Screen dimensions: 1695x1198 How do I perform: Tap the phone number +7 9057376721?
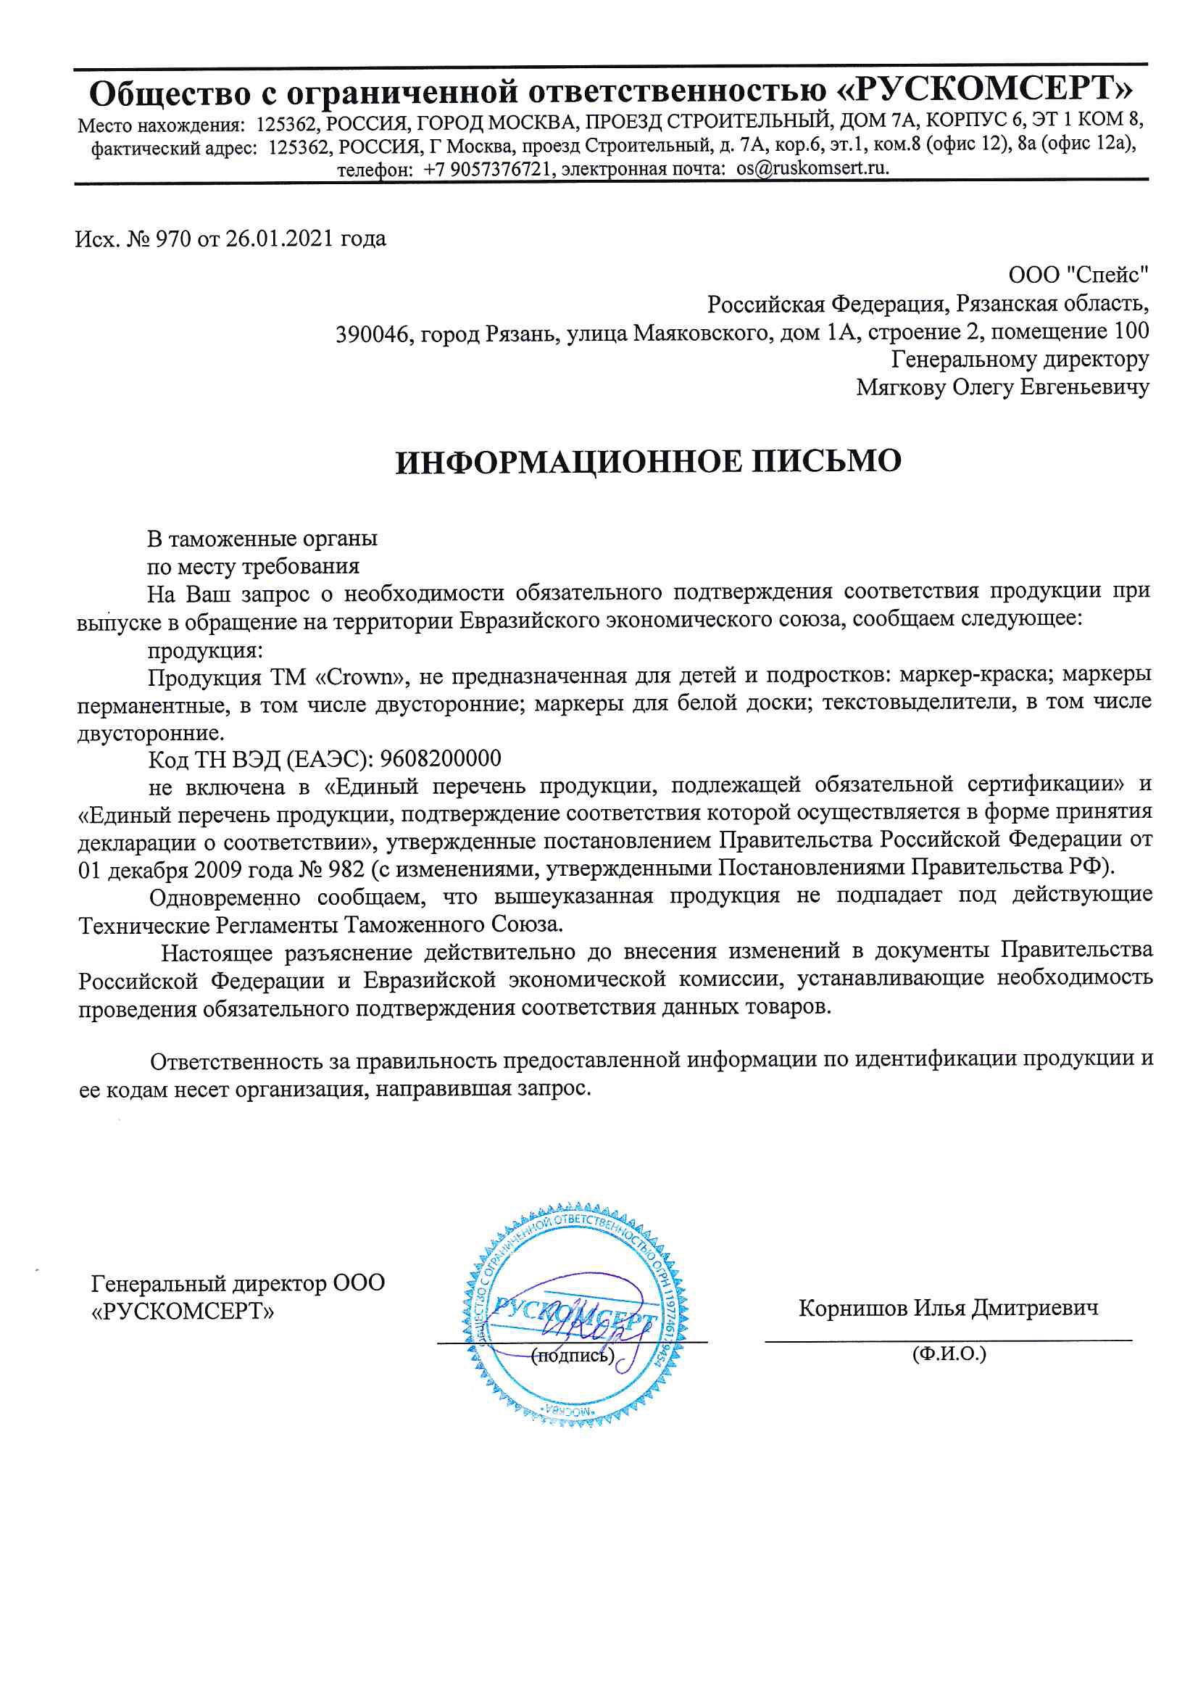(488, 170)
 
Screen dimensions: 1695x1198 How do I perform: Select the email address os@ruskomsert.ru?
(811, 168)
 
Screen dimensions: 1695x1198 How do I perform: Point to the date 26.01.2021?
(276, 239)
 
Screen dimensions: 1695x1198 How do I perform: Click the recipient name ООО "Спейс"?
(1078, 275)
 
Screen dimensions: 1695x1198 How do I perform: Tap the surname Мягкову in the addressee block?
(899, 388)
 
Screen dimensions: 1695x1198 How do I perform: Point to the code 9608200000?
(441, 759)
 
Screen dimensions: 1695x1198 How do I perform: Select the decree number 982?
(347, 869)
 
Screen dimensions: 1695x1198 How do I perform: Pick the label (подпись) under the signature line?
(573, 1355)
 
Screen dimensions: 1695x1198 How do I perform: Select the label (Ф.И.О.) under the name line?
(949, 1354)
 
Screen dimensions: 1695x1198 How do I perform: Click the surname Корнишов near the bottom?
(853, 1308)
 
